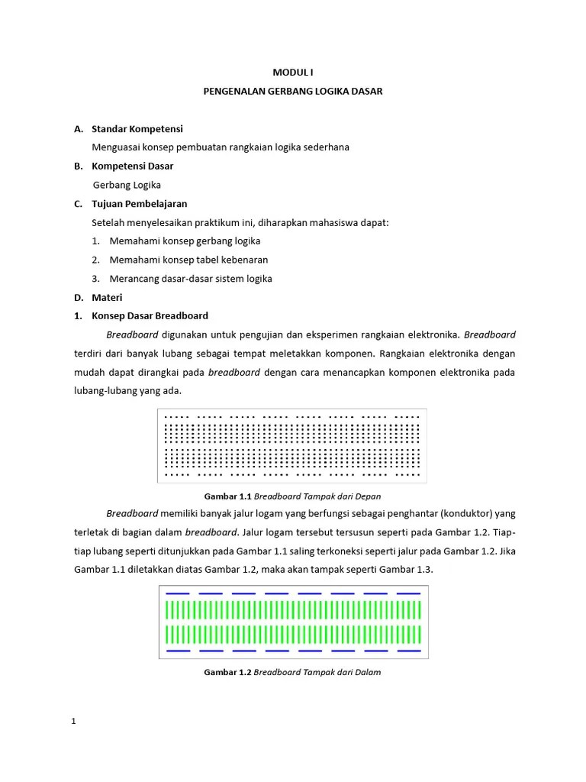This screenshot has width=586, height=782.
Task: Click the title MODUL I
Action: [293, 72]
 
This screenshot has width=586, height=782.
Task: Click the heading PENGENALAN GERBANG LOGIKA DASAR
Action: [293, 91]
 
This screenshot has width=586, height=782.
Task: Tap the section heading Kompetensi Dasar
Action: [132, 166]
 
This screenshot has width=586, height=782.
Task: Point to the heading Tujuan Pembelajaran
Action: [139, 204]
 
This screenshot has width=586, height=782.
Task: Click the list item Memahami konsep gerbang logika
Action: [185, 241]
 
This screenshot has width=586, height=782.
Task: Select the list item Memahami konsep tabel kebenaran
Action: [188, 260]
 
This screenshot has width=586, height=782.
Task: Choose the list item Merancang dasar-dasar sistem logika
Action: [191, 279]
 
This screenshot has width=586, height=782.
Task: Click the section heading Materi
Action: [107, 297]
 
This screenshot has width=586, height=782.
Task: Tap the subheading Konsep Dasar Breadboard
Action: [150, 315]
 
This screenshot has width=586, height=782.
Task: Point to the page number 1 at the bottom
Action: [74, 722]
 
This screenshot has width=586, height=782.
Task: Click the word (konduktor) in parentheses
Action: [465, 514]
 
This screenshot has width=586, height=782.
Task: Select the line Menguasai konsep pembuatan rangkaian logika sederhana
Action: [220, 147]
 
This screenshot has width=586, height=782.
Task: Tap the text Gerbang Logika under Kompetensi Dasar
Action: [127, 185]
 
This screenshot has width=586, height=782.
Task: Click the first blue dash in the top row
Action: [177, 593]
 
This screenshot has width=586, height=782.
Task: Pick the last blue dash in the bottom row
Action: [409, 651]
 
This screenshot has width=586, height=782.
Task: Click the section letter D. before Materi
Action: [78, 297]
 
